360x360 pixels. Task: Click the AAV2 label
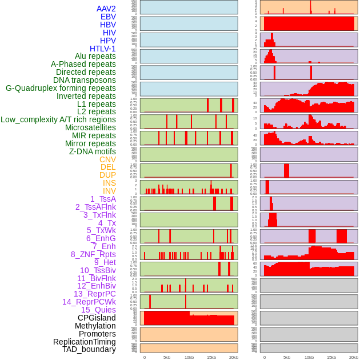pos(106,9)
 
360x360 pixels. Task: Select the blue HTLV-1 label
pos(103,49)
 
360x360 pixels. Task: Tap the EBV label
pos(108,17)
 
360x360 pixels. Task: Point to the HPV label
pos(108,41)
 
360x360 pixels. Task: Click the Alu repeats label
pos(95,56)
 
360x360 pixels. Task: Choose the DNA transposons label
pos(85,80)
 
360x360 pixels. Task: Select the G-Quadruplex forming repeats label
pos(61,88)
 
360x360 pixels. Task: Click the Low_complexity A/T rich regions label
pos(58,119)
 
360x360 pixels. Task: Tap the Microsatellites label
pos(90,127)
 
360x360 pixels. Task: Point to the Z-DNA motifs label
pos(93,151)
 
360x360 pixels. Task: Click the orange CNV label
pos(107,159)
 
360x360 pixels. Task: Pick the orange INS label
pos(109,183)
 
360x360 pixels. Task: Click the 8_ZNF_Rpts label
pos(93,254)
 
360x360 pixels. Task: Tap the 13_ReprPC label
pos(94,294)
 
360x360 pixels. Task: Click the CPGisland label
pos(97,318)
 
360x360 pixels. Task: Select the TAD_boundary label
pos(89,349)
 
